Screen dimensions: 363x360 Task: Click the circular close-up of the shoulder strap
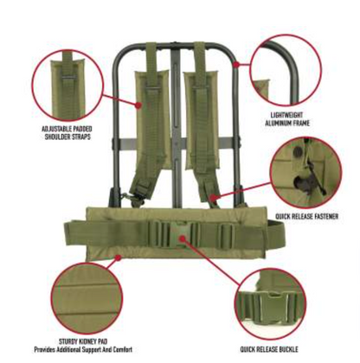(67, 85)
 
